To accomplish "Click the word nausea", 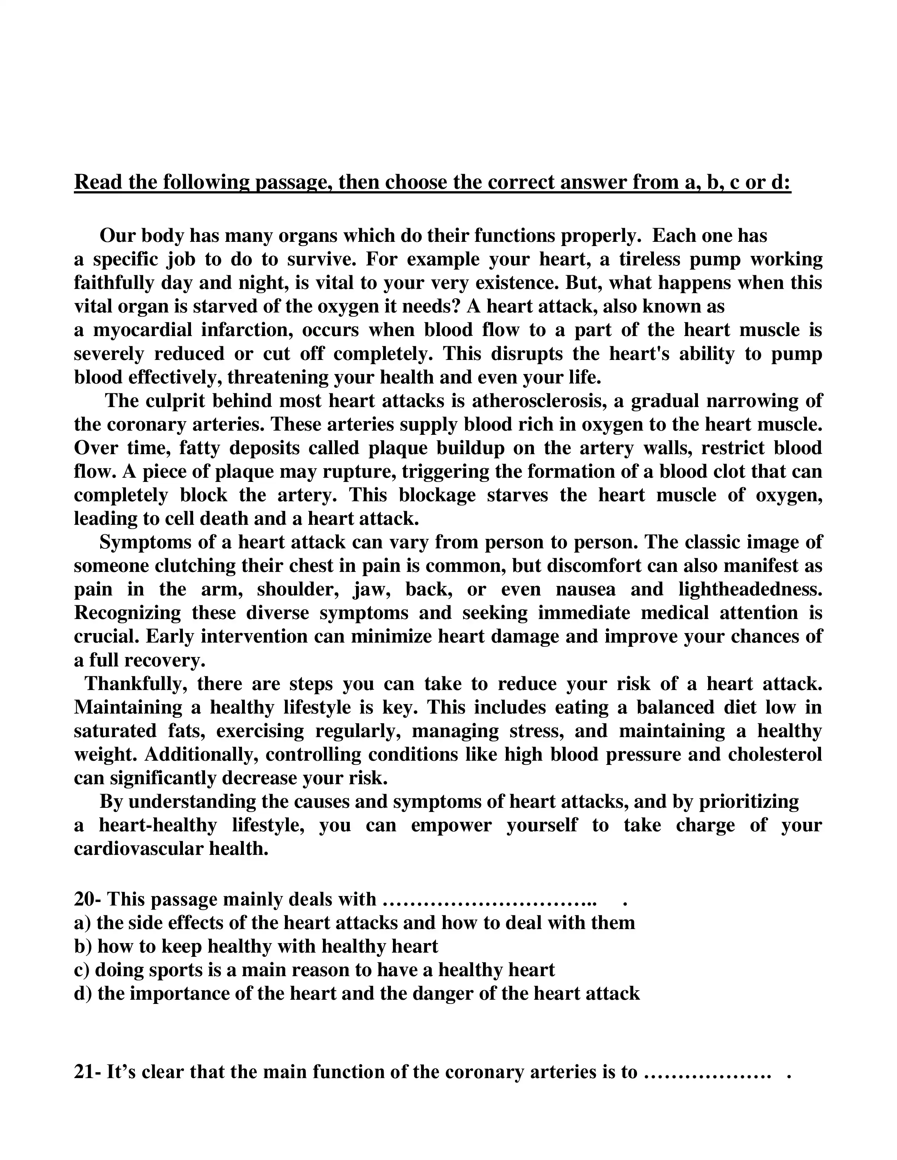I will pos(585,589).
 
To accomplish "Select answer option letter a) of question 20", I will pos(82,923).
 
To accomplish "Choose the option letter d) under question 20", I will pos(83,993).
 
